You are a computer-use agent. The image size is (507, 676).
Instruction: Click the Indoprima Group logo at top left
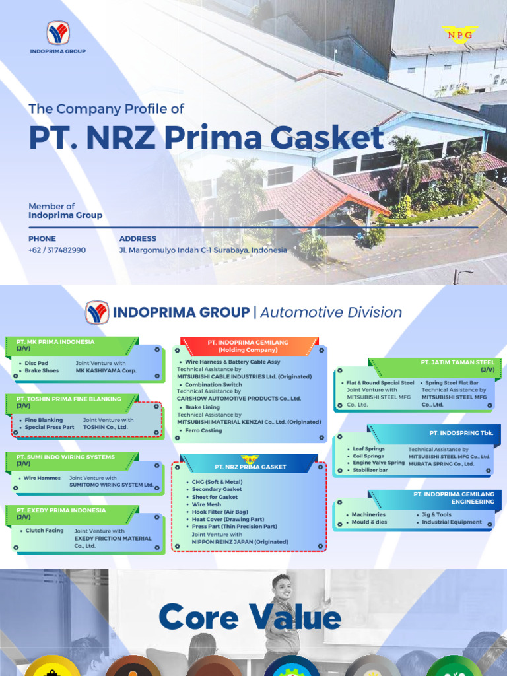[x=57, y=34]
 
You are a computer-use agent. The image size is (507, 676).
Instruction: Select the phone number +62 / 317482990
[x=57, y=250]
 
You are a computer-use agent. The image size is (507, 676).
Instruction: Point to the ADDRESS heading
[x=137, y=238]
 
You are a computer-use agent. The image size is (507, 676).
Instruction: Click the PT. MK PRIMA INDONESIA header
[x=55, y=342]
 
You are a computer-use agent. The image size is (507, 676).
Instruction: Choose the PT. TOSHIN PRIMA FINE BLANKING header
[x=69, y=399]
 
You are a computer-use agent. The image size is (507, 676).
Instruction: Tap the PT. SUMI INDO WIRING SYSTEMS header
[x=65, y=457]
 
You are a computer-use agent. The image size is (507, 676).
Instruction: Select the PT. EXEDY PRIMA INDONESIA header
[x=61, y=510]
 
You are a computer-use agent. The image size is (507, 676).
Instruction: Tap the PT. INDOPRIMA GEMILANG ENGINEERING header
[x=454, y=498]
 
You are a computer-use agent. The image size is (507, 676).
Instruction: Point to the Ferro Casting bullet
[x=203, y=430]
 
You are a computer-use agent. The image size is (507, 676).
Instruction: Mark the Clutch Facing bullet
[x=44, y=531]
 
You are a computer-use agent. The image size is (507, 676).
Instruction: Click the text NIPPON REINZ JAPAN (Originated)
[x=240, y=542]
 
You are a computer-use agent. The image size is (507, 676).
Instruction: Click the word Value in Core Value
[x=294, y=619]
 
